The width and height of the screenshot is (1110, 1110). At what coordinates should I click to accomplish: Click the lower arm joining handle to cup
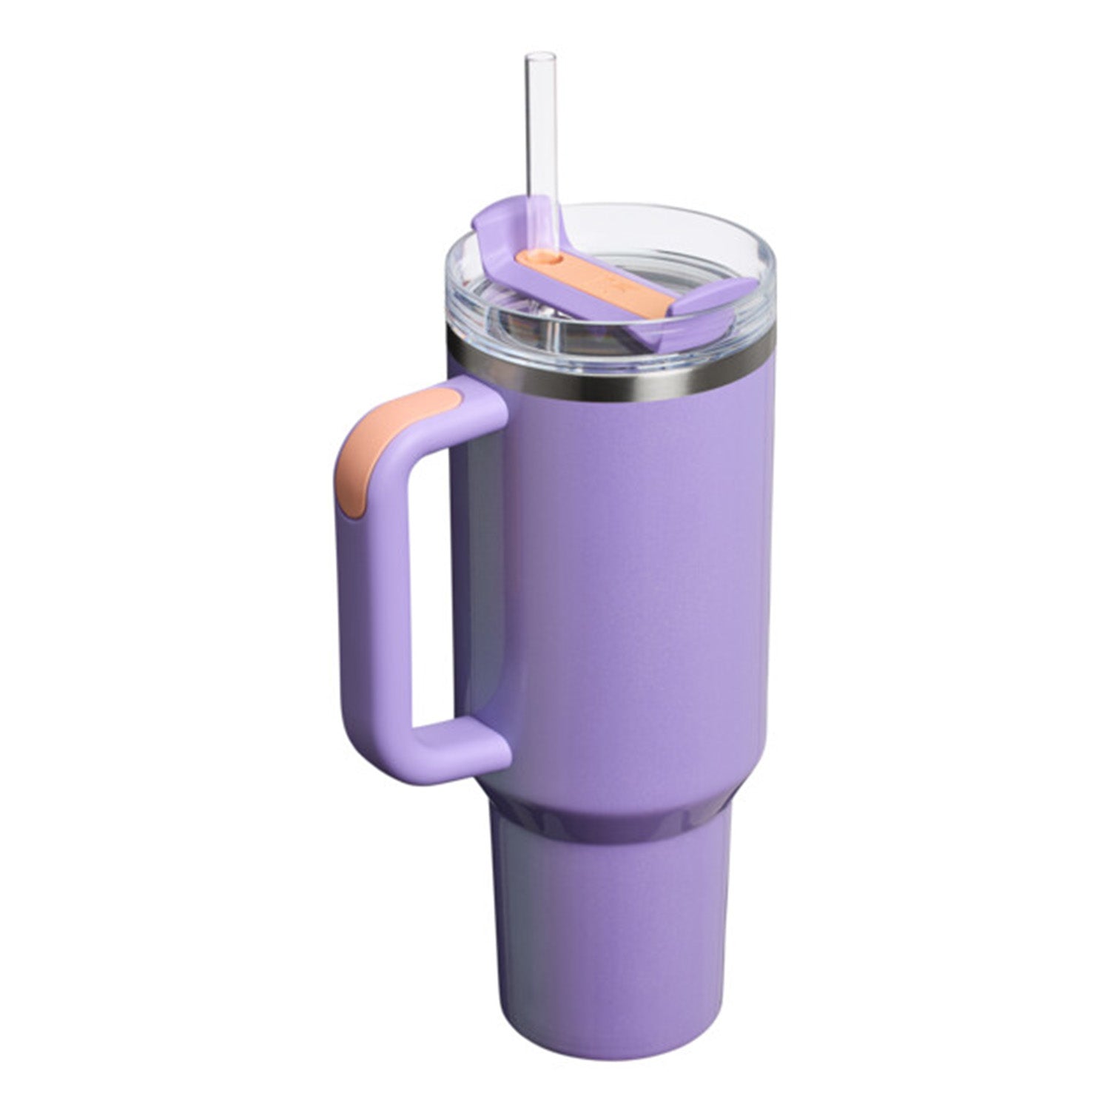coord(459,740)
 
